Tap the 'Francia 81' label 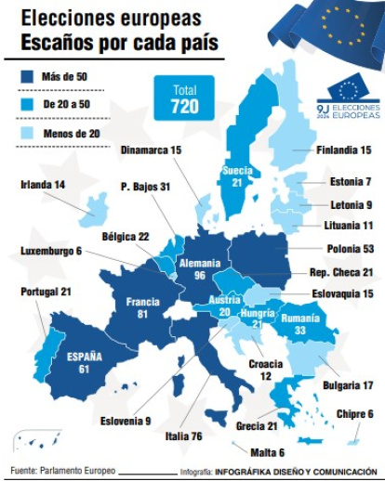coord(130,307)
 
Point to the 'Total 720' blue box coord(184,98)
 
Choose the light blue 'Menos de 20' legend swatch coord(28,135)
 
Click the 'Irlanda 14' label coord(43,185)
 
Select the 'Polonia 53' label coord(350,249)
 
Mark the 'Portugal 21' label coord(46,292)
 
